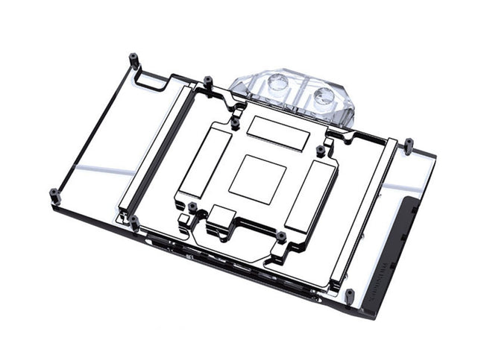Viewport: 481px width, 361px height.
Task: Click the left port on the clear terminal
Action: pos(277,84)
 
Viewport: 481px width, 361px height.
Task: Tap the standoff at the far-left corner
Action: pos(54,195)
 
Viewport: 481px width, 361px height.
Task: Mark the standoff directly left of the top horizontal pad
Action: pos(236,121)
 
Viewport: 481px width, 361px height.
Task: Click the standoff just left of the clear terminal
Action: pos(208,80)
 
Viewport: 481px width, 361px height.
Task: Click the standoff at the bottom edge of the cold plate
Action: pos(281,236)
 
